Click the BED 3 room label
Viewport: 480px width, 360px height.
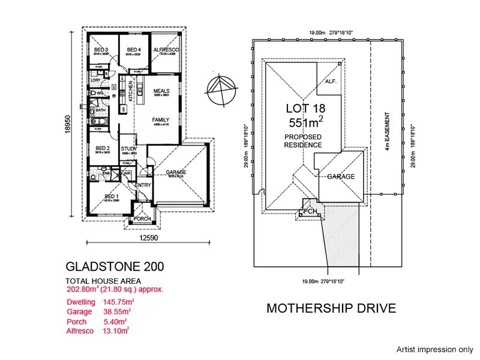tap(100, 49)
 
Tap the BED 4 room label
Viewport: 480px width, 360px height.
tap(133, 49)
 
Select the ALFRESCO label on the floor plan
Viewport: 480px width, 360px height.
tap(164, 49)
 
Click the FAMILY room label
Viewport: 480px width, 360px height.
tap(160, 119)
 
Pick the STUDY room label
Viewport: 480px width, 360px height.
tap(129, 149)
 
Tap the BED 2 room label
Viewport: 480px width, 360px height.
tap(101, 148)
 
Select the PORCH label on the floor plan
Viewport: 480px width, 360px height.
tap(143, 219)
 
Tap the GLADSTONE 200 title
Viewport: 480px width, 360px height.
tap(114, 265)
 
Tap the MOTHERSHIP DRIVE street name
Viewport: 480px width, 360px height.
tap(331, 309)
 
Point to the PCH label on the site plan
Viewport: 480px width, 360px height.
tap(310, 211)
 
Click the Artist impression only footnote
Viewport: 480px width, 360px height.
tap(434, 349)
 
